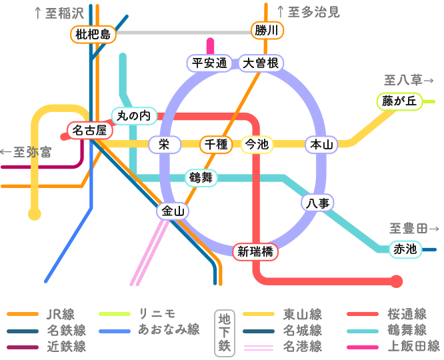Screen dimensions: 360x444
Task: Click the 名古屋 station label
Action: tap(89, 130)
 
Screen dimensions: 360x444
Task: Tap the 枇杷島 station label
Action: tap(93, 34)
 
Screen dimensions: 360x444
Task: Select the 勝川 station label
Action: tap(267, 30)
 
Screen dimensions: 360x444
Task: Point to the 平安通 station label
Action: tap(209, 63)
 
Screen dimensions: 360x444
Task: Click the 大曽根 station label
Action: tap(261, 63)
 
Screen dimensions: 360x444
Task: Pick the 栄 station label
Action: tap(164, 144)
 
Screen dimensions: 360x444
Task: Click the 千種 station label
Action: tap(216, 144)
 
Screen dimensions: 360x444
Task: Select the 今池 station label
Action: tap(257, 144)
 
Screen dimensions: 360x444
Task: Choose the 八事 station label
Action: tap(317, 203)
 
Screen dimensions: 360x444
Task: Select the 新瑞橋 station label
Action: tap(255, 251)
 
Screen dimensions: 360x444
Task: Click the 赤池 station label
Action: tap(405, 249)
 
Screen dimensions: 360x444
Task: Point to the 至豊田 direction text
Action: tap(413, 229)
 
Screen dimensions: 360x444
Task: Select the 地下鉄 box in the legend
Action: tap(223, 331)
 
